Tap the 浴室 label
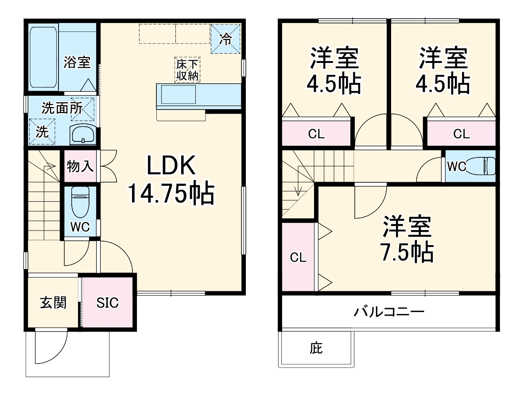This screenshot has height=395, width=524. (x=77, y=63)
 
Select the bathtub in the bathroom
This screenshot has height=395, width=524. (x=43, y=57)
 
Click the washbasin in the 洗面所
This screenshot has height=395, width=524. (x=82, y=133)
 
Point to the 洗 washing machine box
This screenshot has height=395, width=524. (x=42, y=132)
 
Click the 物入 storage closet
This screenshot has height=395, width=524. (x=80, y=167)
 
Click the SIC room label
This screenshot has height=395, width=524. (x=108, y=303)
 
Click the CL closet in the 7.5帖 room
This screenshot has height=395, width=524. (x=299, y=258)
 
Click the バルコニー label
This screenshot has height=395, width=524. (x=388, y=312)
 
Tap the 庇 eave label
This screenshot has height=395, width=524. (x=315, y=348)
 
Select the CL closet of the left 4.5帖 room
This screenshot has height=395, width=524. (x=316, y=134)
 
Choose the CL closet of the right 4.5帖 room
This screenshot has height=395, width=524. (x=461, y=134)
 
